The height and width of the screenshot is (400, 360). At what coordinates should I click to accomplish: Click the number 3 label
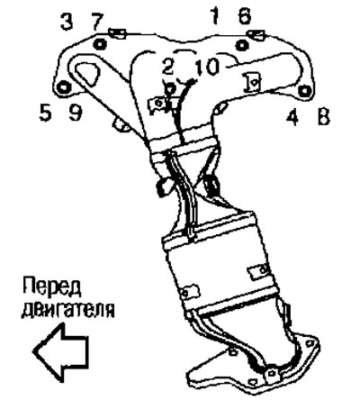(x=67, y=22)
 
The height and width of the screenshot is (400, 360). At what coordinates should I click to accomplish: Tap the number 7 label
(x=97, y=22)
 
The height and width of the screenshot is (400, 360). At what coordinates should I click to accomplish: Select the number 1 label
(x=215, y=15)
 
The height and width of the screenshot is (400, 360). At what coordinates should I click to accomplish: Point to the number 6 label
(x=245, y=15)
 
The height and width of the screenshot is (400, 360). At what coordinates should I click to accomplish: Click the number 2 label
(x=167, y=67)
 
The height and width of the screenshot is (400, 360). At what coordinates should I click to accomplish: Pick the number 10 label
(x=207, y=67)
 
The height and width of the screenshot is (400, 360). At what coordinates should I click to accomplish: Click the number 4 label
(x=292, y=116)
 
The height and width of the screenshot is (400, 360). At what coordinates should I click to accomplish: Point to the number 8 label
(x=323, y=116)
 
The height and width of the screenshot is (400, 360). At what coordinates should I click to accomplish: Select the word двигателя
(x=67, y=310)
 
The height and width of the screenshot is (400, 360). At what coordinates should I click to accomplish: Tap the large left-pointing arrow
(x=60, y=352)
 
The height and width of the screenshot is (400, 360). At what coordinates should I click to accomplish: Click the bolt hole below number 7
(x=100, y=44)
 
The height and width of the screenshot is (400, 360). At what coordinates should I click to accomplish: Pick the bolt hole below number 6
(x=242, y=45)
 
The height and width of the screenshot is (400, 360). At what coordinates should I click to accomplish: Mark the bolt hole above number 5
(x=64, y=87)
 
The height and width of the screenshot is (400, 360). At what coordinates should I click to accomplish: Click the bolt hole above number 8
(x=304, y=90)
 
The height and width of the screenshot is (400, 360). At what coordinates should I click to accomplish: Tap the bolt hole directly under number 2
(x=170, y=89)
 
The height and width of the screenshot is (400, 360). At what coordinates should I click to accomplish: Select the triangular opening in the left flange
(x=85, y=73)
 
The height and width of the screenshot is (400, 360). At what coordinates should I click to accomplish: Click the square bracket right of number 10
(x=253, y=82)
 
